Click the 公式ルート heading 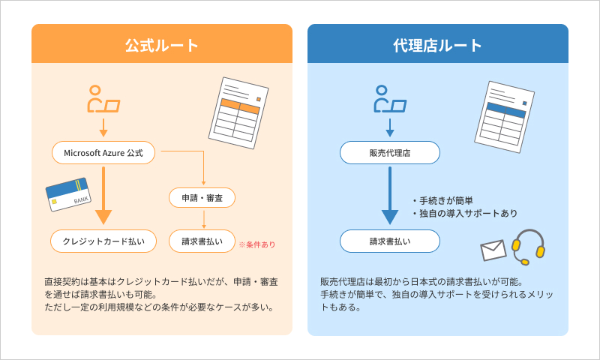coord(161,45)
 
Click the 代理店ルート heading coord(437,45)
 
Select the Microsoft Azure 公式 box coord(103,153)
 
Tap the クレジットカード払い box coord(103,241)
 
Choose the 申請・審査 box coord(202,198)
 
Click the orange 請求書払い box coord(202,241)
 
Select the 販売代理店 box coord(389,153)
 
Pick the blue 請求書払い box coord(389,241)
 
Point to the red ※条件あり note coord(256,244)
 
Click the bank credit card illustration coord(68,194)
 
